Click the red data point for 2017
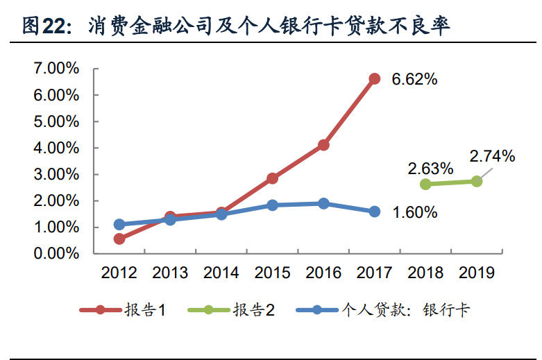click(x=375, y=78)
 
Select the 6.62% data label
click(x=414, y=79)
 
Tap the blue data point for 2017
click(x=375, y=212)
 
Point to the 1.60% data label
click(x=414, y=212)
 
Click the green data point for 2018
click(x=425, y=184)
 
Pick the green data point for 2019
click(x=477, y=181)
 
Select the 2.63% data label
click(x=430, y=169)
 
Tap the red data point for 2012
click(x=119, y=239)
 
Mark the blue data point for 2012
click(x=119, y=224)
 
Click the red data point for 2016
click(x=323, y=145)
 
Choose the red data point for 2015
click(x=273, y=178)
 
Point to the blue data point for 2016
click(x=323, y=203)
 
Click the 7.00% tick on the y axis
click(x=56, y=69)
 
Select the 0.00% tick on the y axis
click(x=56, y=254)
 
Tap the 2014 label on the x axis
click(x=221, y=273)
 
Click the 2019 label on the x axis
click(x=477, y=273)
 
